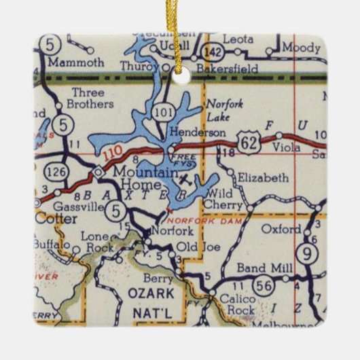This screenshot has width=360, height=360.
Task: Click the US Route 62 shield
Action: point(247,141)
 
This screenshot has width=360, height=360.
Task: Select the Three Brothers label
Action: point(88,98)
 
